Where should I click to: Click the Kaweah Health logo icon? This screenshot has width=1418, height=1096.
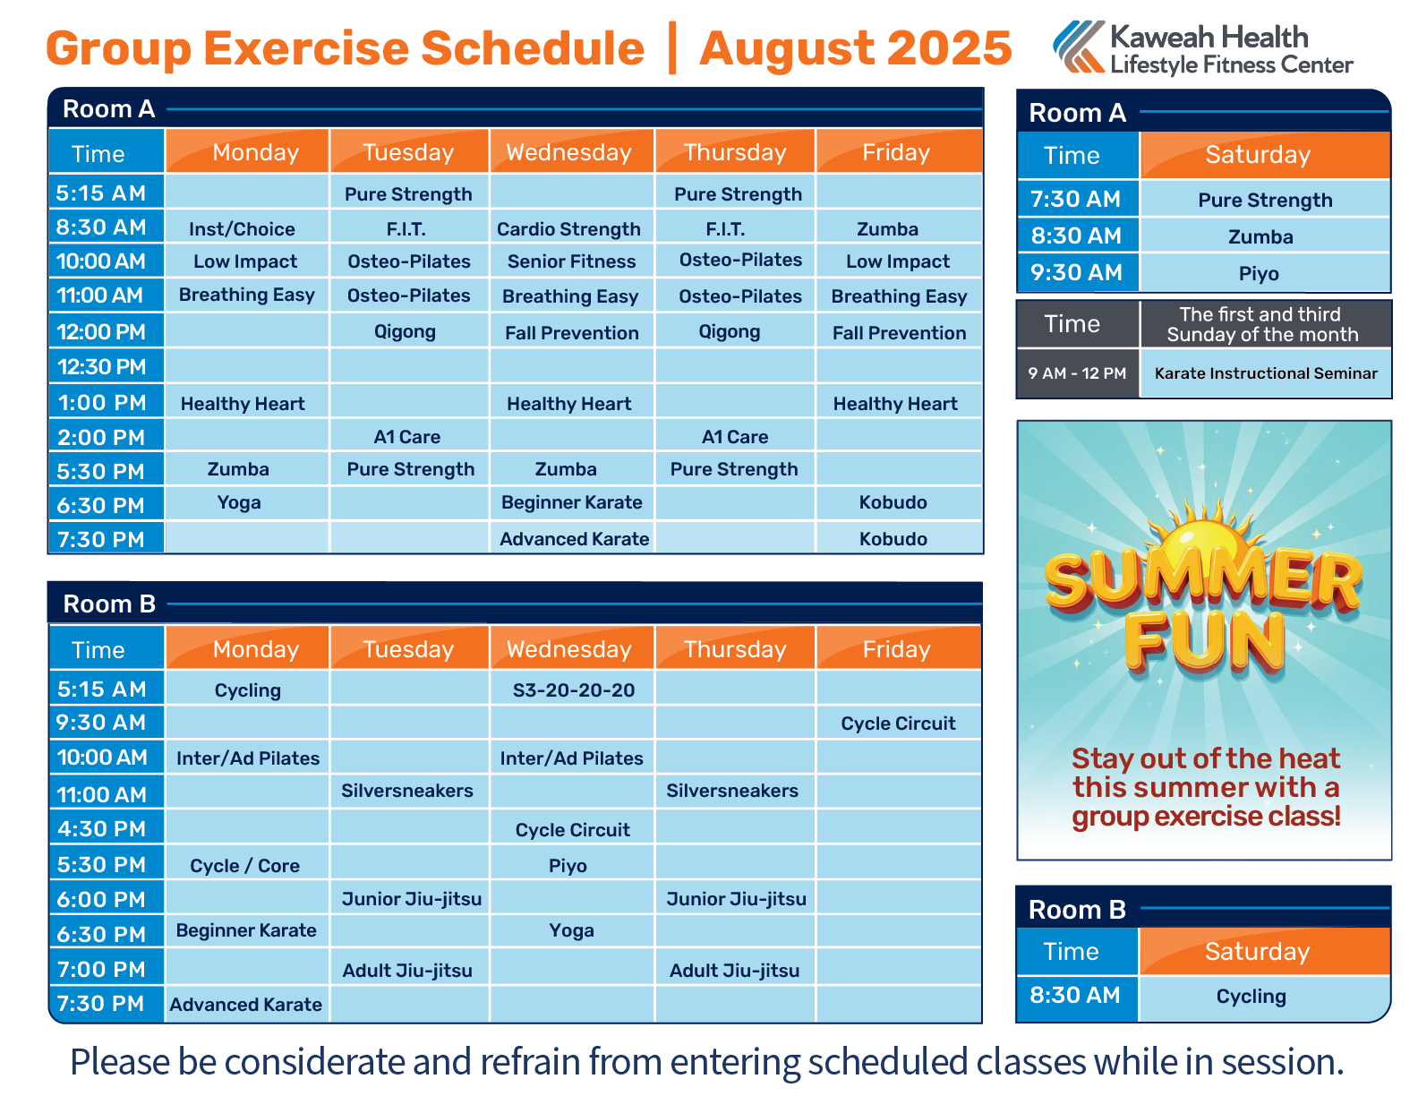point(1078,47)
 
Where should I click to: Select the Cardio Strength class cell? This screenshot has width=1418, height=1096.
point(568,229)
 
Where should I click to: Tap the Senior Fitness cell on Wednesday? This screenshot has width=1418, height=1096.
point(571,261)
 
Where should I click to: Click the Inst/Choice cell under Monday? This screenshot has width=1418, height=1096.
point(242,229)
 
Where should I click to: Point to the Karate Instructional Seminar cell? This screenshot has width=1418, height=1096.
point(1265,372)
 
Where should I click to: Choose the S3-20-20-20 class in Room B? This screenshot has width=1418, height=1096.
point(573,689)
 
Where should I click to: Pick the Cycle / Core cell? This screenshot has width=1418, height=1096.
point(244,865)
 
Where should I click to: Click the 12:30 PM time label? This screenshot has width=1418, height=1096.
point(102,367)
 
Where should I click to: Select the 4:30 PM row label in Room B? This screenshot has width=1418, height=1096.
point(101,828)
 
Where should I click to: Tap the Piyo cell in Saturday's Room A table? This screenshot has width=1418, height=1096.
point(1258,273)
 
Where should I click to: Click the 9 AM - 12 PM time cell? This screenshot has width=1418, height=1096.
point(1077,373)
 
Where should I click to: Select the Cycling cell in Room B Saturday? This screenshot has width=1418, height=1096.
point(1251,996)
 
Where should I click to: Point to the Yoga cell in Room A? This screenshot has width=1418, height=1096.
point(239,502)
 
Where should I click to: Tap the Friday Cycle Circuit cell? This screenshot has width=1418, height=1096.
point(898,724)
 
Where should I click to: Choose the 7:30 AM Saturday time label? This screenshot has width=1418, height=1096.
point(1075,199)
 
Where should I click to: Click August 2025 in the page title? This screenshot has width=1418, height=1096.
point(855,48)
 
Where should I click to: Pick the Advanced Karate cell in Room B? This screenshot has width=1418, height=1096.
point(246,1004)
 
